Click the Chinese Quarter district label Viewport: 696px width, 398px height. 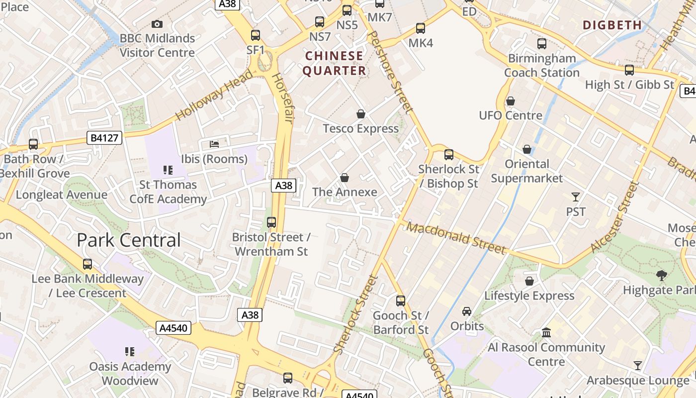(x=334, y=63)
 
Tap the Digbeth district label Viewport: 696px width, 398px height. (x=612, y=25)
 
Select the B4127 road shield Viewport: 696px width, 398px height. (x=104, y=138)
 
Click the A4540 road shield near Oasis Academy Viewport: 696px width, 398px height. (x=174, y=328)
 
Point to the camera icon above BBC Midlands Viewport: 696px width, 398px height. (x=157, y=24)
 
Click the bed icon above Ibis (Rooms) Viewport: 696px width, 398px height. (x=214, y=144)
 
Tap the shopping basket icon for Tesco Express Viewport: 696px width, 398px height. (x=361, y=114)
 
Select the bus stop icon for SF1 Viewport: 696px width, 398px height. (x=256, y=35)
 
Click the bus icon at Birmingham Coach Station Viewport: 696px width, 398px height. (x=542, y=44)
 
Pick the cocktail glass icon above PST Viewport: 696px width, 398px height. (x=576, y=197)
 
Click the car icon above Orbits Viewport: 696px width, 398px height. (x=467, y=311)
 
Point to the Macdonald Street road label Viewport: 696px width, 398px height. (x=456, y=237)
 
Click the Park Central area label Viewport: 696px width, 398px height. (x=129, y=240)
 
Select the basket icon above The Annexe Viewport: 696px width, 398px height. (x=344, y=178)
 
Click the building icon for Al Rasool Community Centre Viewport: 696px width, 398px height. (x=546, y=332)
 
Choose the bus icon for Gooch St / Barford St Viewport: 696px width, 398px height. (x=401, y=300)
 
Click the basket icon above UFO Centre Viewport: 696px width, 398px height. (x=511, y=101)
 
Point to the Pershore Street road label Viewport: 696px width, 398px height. (x=391, y=72)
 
